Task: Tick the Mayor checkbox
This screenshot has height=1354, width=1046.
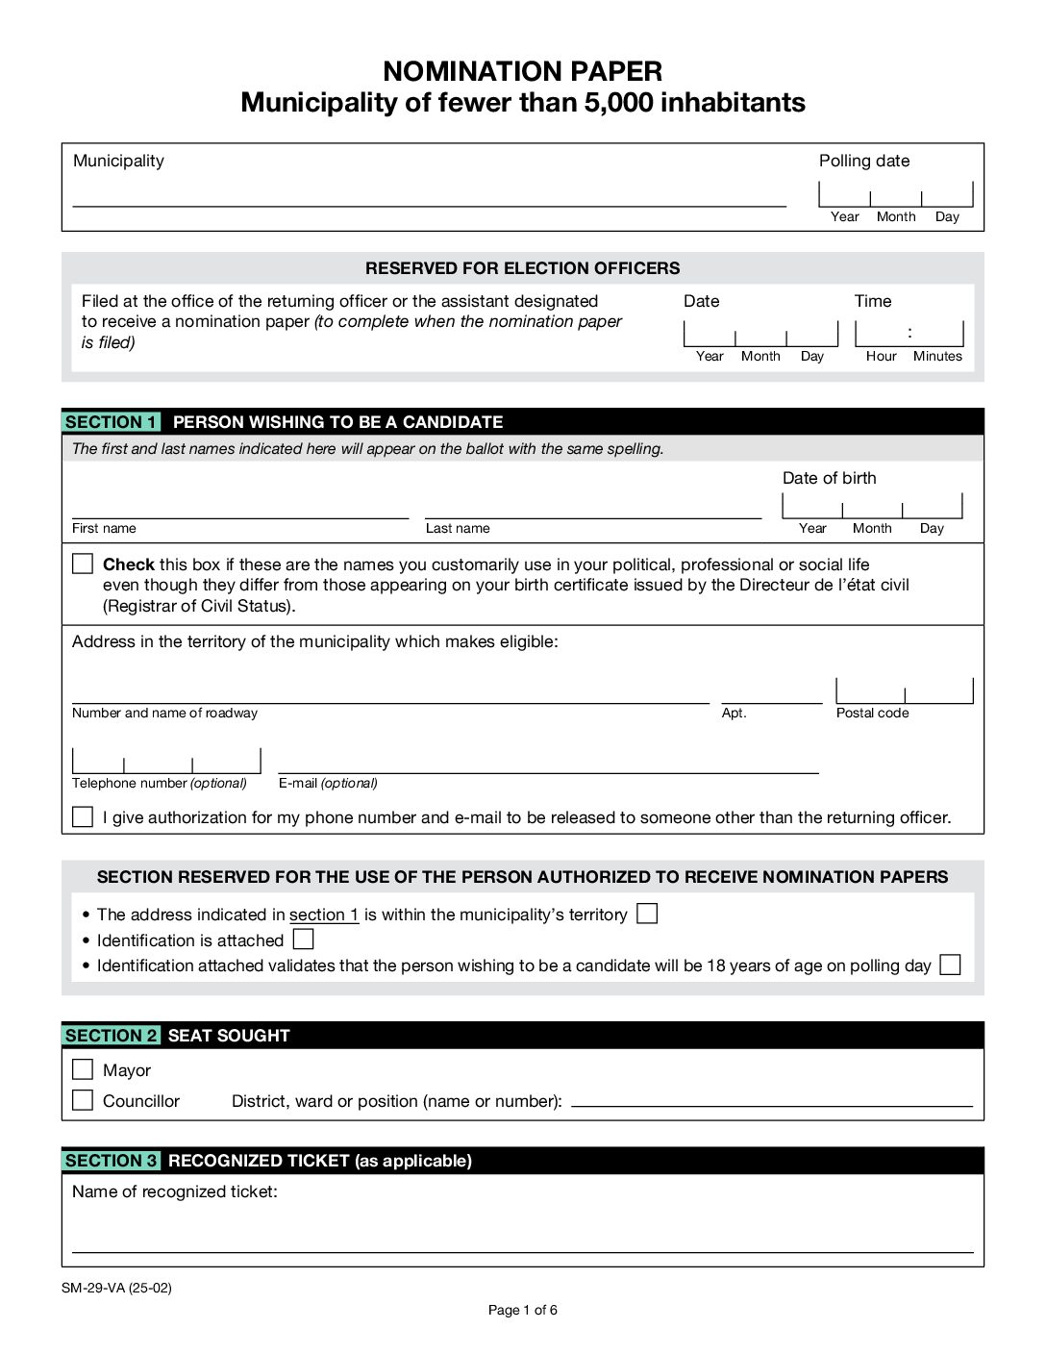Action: tap(83, 1069)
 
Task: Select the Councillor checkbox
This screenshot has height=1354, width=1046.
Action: tap(83, 1100)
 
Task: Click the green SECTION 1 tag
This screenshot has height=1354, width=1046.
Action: tap(112, 422)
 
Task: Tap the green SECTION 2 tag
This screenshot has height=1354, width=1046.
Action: tap(112, 1036)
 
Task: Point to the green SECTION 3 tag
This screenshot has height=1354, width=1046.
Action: tap(112, 1161)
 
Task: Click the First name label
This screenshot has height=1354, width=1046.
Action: tap(104, 528)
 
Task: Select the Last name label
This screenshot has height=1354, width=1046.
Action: tap(458, 528)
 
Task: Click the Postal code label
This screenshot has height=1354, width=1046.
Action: tap(872, 713)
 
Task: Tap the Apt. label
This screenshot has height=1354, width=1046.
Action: tap(734, 713)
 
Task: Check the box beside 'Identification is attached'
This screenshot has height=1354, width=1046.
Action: tap(304, 939)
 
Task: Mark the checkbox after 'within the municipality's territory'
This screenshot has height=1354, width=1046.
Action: tap(648, 914)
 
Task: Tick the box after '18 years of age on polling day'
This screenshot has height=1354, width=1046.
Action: tap(950, 965)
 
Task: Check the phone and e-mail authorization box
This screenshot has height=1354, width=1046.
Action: tap(83, 816)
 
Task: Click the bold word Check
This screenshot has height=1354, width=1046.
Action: tap(129, 564)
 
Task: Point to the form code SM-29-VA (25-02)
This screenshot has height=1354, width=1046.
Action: tap(116, 1288)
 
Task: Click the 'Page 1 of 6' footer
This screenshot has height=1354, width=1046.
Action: tap(522, 1310)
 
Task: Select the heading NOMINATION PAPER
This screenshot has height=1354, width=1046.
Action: tap(522, 71)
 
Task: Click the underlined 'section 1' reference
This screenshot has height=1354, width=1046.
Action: tap(324, 915)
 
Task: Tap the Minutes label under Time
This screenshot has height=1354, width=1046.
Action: tap(937, 356)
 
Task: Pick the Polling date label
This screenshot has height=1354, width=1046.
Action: tap(863, 161)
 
